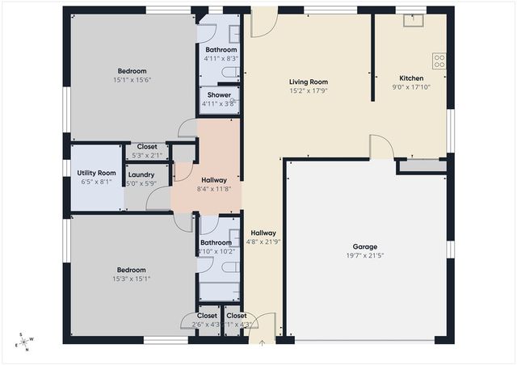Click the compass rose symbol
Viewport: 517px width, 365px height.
24,342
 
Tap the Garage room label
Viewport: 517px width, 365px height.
364,246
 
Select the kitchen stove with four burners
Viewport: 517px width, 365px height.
439,58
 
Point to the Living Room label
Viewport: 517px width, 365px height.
308,82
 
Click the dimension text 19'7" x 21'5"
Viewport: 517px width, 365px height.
364,255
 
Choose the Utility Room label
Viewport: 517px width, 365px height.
96,173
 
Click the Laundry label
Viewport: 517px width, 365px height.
141,174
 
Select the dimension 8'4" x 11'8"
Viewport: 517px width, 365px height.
214,188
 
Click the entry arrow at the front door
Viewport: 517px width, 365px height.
261,342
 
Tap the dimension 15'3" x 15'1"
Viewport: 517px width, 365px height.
131,279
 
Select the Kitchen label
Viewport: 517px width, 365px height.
412,78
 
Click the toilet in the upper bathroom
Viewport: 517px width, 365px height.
229,73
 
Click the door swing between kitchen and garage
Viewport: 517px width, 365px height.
381,146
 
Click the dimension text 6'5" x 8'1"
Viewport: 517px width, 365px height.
96,182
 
